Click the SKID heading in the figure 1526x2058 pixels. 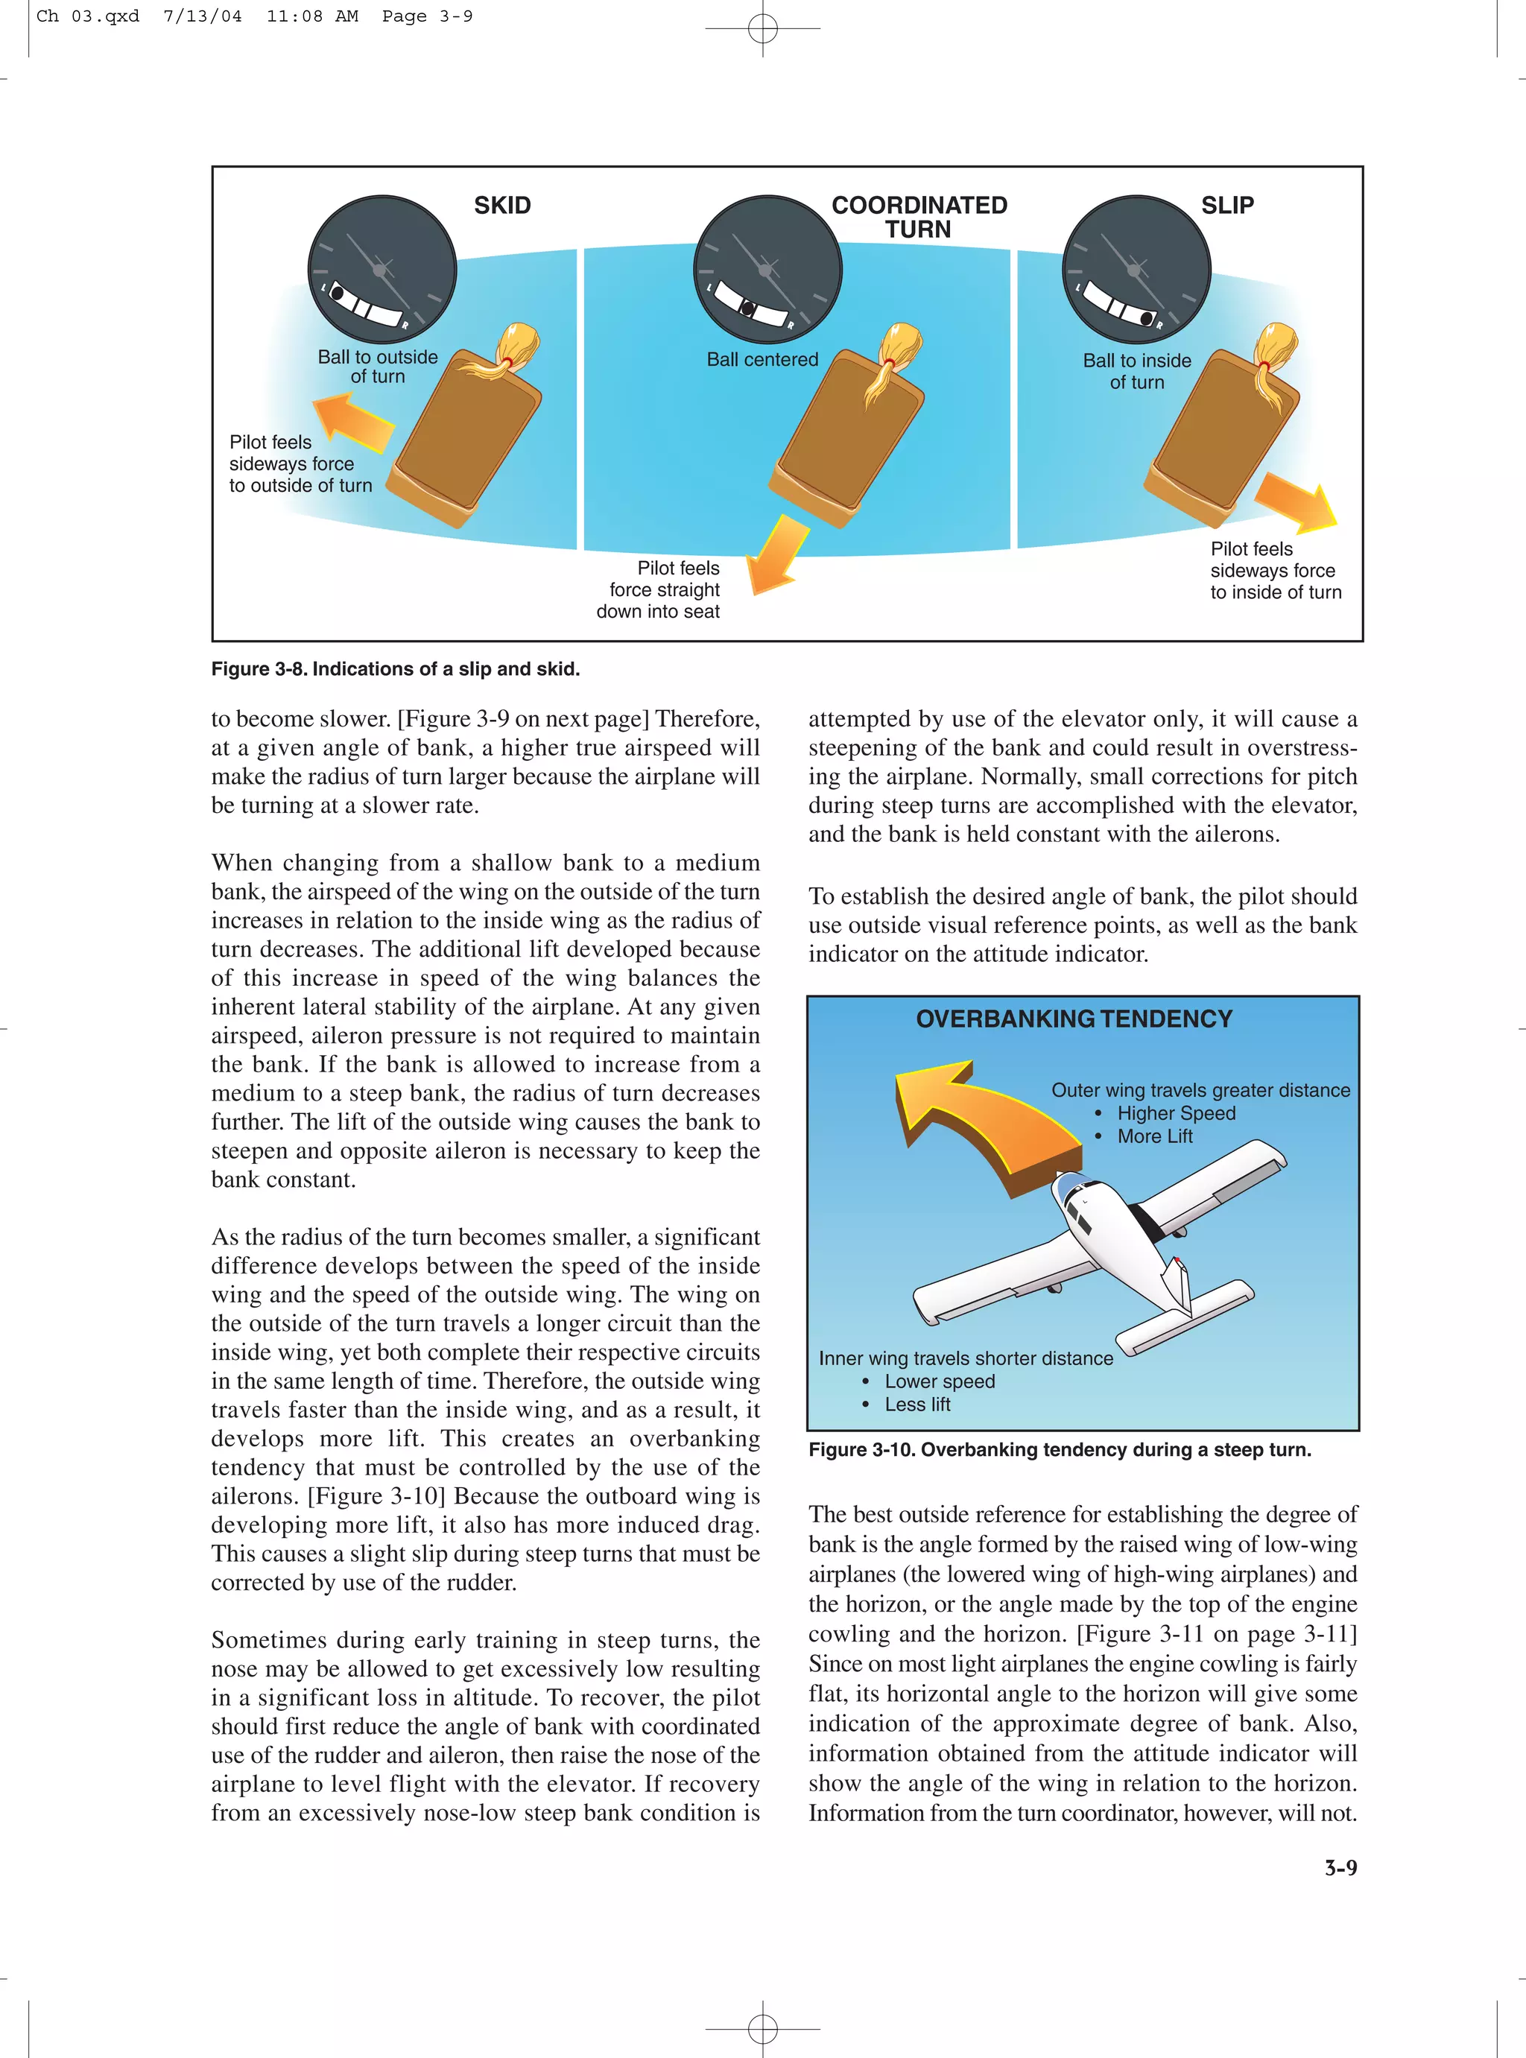pos(502,205)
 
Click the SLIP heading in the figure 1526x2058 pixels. pos(1226,205)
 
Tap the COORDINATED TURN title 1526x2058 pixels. pos(919,217)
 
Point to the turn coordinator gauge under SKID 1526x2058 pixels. pos(381,269)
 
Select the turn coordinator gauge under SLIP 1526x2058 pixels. pos(1136,269)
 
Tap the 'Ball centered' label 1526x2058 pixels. pos(762,359)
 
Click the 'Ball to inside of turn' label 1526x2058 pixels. pos(1136,371)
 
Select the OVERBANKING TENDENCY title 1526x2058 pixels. pos(1074,1019)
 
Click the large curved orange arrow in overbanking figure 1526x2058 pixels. pos(979,1127)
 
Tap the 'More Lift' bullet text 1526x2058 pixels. pos(1155,1136)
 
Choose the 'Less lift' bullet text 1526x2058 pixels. pos(916,1404)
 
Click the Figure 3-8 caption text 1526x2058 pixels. pos(396,669)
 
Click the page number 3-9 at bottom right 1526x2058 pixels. pos(1340,1868)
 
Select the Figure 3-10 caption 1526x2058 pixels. pos(1060,1449)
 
